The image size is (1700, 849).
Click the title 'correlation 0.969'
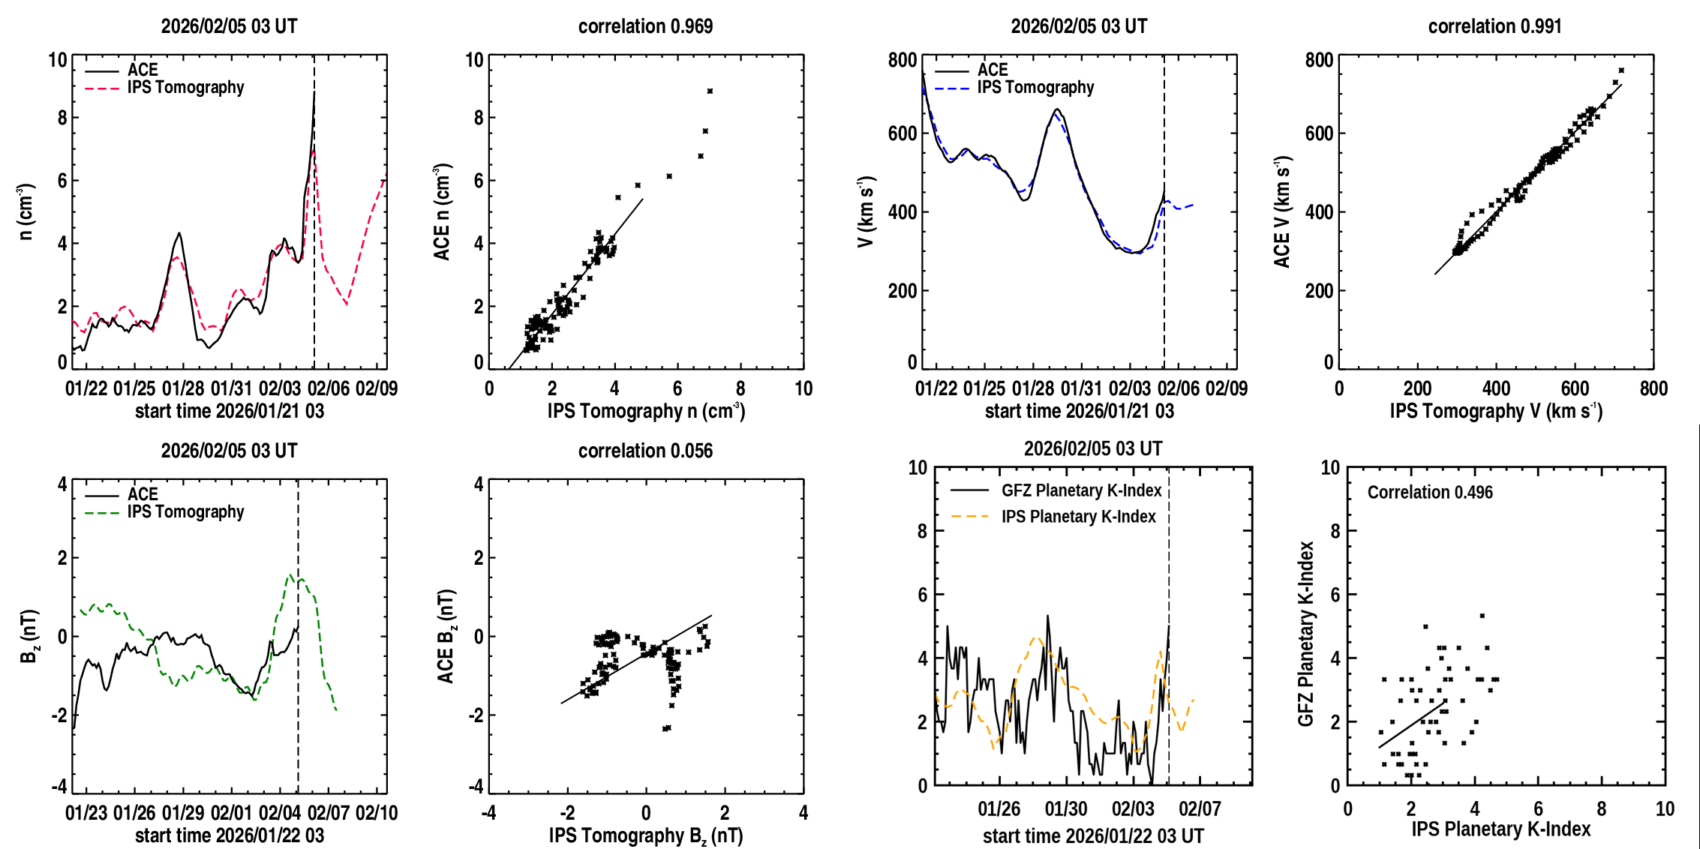coord(645,26)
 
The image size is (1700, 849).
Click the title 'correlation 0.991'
coord(1494,26)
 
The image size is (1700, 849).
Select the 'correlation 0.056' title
coord(645,451)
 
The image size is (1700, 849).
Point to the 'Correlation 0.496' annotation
coord(1430,492)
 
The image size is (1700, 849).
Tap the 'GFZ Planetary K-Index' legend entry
coord(1081,490)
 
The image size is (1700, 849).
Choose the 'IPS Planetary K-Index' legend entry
coord(1078,517)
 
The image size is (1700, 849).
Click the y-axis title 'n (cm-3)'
coord(26,211)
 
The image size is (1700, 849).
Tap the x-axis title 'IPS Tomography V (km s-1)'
coord(1496,411)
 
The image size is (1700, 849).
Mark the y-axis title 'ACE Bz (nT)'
coord(446,636)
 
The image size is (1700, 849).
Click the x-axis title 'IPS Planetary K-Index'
coord(1500,829)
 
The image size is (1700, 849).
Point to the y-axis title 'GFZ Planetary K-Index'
coord(1306,634)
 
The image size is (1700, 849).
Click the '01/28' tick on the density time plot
coord(183,388)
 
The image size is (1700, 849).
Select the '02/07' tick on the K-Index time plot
coord(1200,809)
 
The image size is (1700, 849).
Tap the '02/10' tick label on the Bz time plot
coord(377,813)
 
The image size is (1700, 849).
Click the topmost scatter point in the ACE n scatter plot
coord(710,91)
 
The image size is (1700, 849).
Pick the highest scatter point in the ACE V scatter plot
coord(1621,70)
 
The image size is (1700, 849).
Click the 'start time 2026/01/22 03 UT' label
coord(1093,835)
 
